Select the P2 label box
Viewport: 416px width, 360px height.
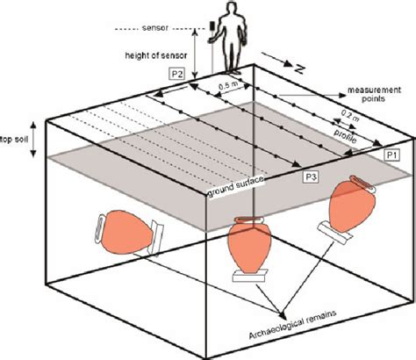178,74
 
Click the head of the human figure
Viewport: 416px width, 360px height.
230,9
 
